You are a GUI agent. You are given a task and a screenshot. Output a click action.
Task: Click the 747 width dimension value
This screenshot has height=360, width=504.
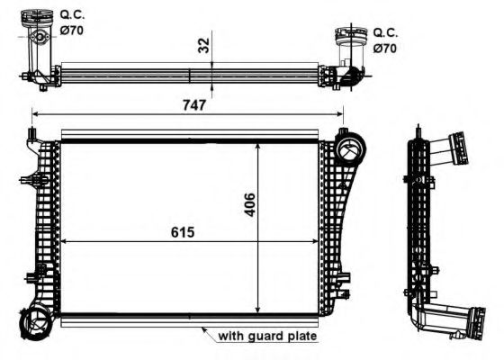click(x=194, y=104)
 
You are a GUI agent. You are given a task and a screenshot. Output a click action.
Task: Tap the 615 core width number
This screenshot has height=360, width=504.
click(x=183, y=232)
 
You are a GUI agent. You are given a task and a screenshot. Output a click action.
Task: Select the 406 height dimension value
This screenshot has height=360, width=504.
click(x=250, y=204)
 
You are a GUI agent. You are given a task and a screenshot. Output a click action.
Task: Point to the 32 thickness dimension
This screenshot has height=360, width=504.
click(x=203, y=45)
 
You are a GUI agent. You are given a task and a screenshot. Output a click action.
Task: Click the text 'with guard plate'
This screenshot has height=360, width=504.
click(x=267, y=336)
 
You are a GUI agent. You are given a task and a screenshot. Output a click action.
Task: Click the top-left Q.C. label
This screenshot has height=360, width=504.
click(x=72, y=14)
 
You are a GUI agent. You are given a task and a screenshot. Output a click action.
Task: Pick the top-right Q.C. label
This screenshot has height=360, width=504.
click(x=385, y=32)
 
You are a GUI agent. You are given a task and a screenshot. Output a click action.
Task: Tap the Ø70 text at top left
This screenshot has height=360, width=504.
click(x=72, y=31)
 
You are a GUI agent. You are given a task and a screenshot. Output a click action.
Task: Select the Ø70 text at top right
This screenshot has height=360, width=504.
click(x=385, y=49)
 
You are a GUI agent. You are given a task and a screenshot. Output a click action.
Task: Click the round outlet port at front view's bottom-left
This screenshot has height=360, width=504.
click(x=34, y=323)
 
